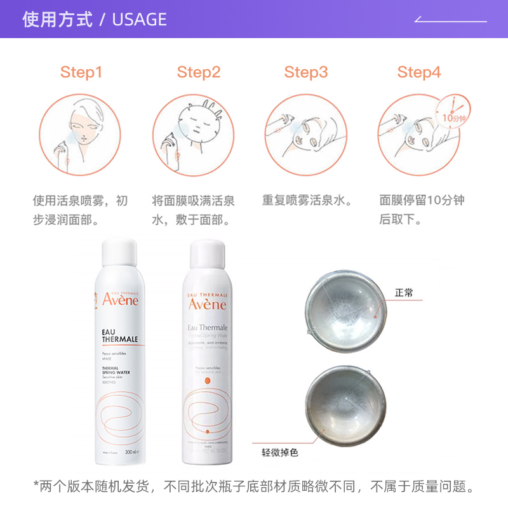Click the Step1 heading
point(81,72)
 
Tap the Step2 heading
point(198,72)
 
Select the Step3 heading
point(305,72)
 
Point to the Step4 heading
point(418,72)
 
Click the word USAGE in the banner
point(139,20)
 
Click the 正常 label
point(404,293)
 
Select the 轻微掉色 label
point(279,453)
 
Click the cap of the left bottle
point(119,251)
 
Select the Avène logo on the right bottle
point(207,305)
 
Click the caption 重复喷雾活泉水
point(307,201)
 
